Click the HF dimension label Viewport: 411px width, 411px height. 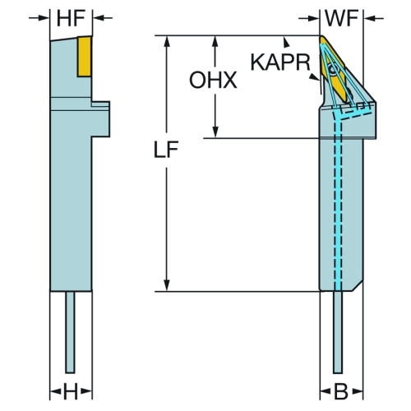[x=71, y=18]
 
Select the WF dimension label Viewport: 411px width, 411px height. [x=341, y=18]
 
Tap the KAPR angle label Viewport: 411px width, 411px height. [x=280, y=62]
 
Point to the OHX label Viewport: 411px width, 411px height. [x=213, y=80]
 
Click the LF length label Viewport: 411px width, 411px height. [x=166, y=150]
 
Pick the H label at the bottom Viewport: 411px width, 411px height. [x=71, y=391]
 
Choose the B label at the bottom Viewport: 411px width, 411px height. [x=341, y=391]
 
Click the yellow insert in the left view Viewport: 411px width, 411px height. [x=84, y=57]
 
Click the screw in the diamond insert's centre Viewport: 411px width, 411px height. [x=334, y=69]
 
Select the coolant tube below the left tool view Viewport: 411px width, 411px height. [x=70, y=332]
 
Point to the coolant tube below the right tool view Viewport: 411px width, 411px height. [x=338, y=332]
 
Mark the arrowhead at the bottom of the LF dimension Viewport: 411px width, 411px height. [x=167, y=286]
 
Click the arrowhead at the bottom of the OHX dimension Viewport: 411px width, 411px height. [x=215, y=132]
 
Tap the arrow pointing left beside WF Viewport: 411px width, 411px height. [x=373, y=18]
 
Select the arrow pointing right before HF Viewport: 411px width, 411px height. [x=39, y=18]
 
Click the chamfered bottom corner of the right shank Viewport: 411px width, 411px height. [x=358, y=285]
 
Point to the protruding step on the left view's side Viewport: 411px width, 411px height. [x=100, y=119]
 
